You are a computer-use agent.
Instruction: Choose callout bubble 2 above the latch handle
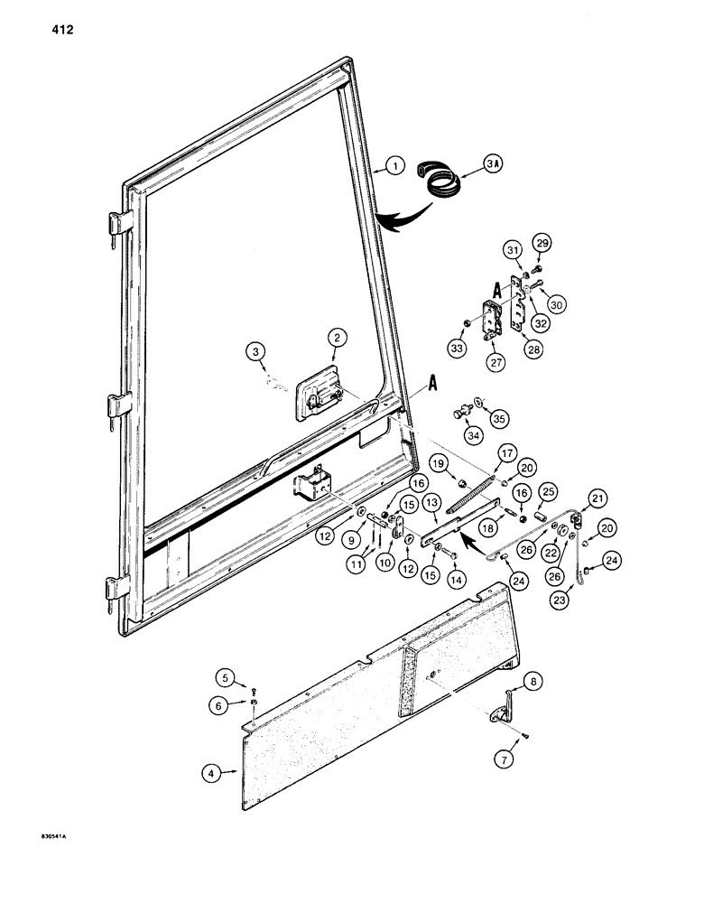336,338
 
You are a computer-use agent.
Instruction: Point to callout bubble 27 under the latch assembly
493,364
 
